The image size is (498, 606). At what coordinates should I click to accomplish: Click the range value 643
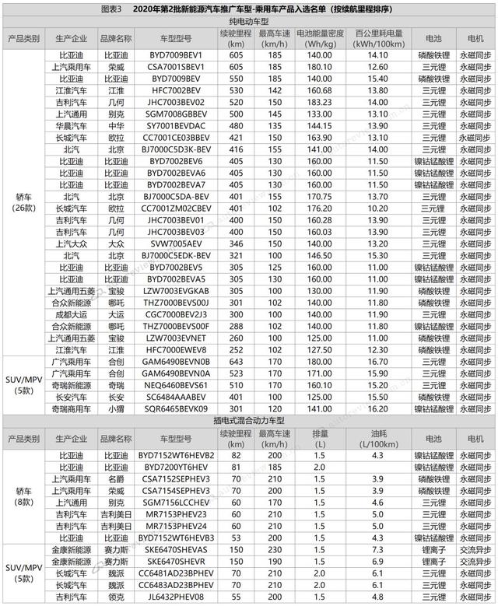tap(239, 362)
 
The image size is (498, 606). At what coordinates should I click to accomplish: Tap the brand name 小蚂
tap(116, 408)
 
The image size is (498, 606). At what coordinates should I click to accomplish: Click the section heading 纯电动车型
tap(249, 23)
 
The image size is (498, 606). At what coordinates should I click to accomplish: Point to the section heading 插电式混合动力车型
tap(249, 420)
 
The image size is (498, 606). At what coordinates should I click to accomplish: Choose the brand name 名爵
tap(116, 478)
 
